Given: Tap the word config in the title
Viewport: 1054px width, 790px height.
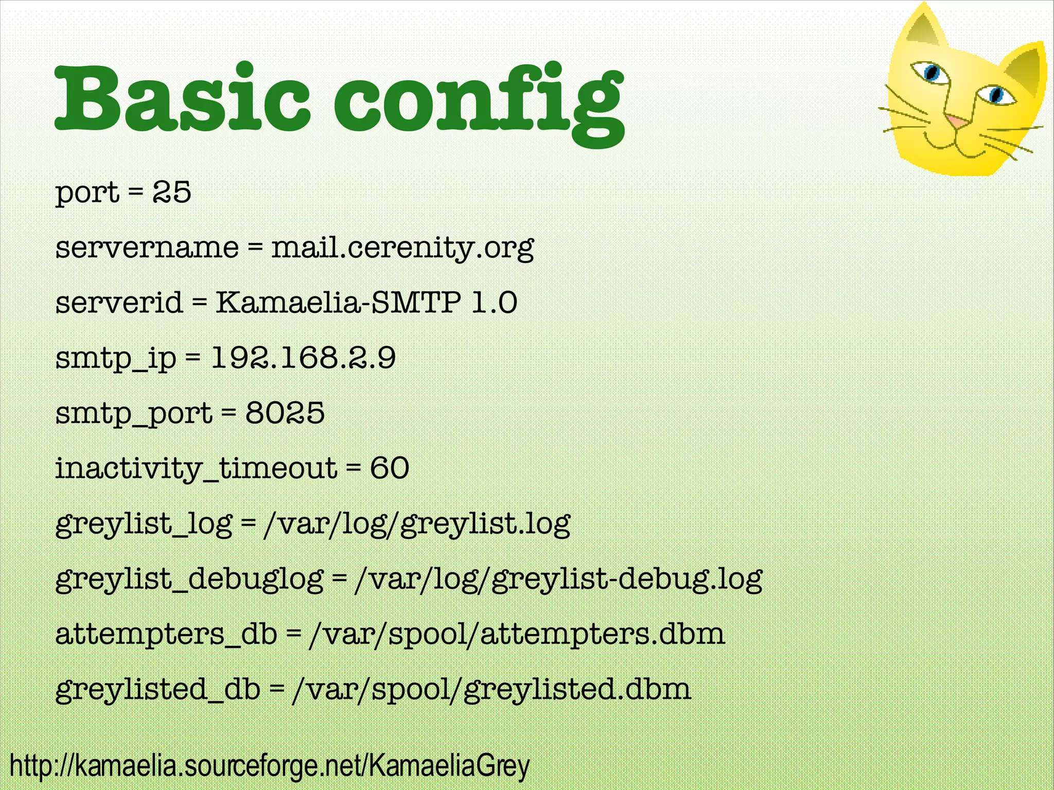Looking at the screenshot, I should point(479,103).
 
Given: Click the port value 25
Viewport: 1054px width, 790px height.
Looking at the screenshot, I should point(172,192).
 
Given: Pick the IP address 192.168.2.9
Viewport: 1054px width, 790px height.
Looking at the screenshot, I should point(304,358).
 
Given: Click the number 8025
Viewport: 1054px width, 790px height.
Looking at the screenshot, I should point(285,413).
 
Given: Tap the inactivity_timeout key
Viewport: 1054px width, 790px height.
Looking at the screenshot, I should point(196,469).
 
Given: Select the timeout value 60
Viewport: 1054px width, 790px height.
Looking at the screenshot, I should point(390,468).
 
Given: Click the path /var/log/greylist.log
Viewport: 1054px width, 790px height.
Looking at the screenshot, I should point(417,524).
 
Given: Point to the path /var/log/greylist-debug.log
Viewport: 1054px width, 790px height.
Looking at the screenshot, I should point(558,580).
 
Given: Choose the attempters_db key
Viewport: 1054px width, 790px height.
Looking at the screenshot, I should point(166,635).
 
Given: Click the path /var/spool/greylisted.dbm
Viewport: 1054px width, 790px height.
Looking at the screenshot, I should point(491,690).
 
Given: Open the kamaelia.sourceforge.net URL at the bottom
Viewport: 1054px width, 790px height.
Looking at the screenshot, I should point(270,766).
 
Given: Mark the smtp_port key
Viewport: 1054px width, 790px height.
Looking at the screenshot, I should point(134,414).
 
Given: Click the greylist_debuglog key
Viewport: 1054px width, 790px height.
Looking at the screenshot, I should point(189,580).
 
